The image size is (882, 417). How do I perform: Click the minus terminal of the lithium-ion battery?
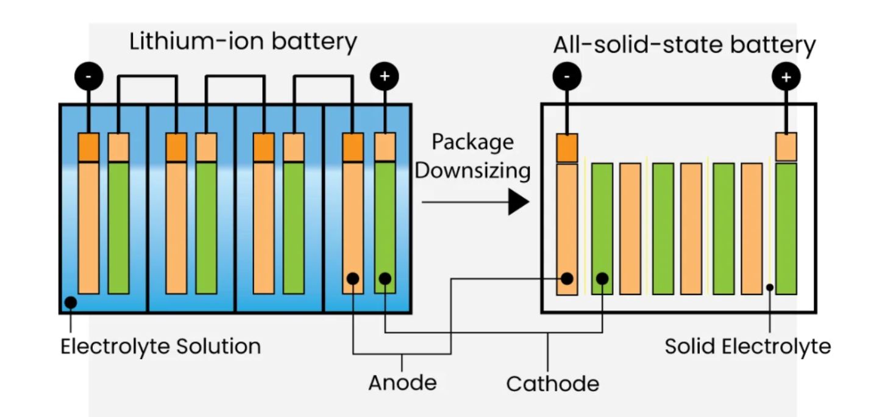pyautogui.click(x=89, y=77)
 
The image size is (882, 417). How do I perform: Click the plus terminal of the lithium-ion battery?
pyautogui.click(x=385, y=77)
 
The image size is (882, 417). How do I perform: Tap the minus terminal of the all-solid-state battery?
pyautogui.click(x=567, y=77)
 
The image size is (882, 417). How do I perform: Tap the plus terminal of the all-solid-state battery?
pyautogui.click(x=786, y=77)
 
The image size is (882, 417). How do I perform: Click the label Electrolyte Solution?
pyautogui.click(x=160, y=346)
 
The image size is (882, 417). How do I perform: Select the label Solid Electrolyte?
pyautogui.click(x=747, y=346)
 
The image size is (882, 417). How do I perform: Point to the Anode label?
pyautogui.click(x=402, y=383)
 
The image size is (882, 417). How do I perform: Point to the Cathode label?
pyautogui.click(x=552, y=384)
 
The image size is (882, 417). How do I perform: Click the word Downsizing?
pyautogui.click(x=472, y=171)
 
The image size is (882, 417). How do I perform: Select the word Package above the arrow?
pyautogui.click(x=472, y=142)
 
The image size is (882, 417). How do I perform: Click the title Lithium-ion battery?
pyautogui.click(x=243, y=42)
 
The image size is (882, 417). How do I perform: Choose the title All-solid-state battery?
pyautogui.click(x=684, y=46)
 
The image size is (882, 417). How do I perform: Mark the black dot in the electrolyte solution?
pyautogui.click(x=71, y=302)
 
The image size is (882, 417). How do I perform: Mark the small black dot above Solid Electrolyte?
pyautogui.click(x=770, y=287)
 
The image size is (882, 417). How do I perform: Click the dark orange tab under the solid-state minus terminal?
pyautogui.click(x=567, y=148)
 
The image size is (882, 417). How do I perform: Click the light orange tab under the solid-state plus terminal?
pyautogui.click(x=786, y=147)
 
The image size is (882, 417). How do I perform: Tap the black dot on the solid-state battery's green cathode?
pyautogui.click(x=602, y=279)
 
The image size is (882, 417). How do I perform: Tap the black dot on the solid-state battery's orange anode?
pyautogui.click(x=567, y=279)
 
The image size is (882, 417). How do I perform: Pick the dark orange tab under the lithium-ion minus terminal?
pyautogui.click(x=89, y=147)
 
